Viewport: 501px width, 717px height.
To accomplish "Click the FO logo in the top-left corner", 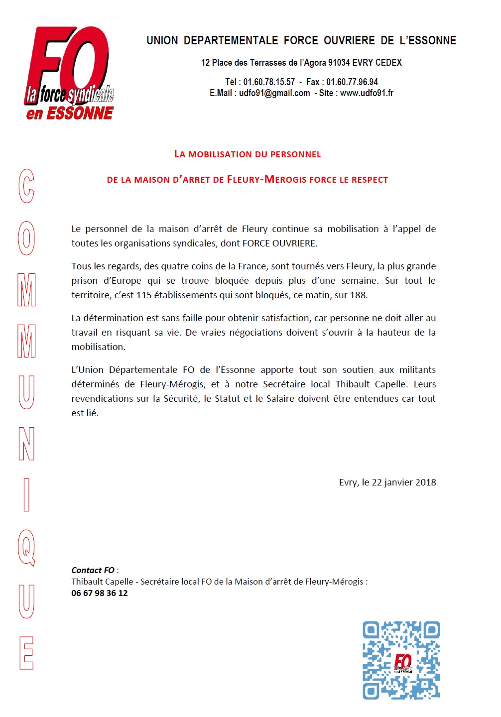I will point(69,72).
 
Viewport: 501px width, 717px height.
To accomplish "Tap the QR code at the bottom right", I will point(401,660).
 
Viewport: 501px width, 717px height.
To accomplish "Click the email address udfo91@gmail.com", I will point(274,93).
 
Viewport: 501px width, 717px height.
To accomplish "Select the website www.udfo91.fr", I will point(367,93).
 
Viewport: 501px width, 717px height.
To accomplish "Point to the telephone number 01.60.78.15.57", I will point(269,82).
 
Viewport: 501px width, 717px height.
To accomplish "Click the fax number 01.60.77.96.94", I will point(352,82).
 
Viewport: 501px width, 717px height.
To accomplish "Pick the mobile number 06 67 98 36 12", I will point(100,593).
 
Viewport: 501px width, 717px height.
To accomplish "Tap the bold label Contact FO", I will point(93,570).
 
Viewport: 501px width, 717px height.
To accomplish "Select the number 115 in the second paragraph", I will point(144,295).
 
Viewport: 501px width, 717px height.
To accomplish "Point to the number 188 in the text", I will point(358,295).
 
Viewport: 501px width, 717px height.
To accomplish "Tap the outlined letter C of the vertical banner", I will point(26,186).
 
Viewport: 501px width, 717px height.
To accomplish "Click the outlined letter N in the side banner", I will point(26,444).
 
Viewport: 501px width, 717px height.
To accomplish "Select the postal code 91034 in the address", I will point(339,63).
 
